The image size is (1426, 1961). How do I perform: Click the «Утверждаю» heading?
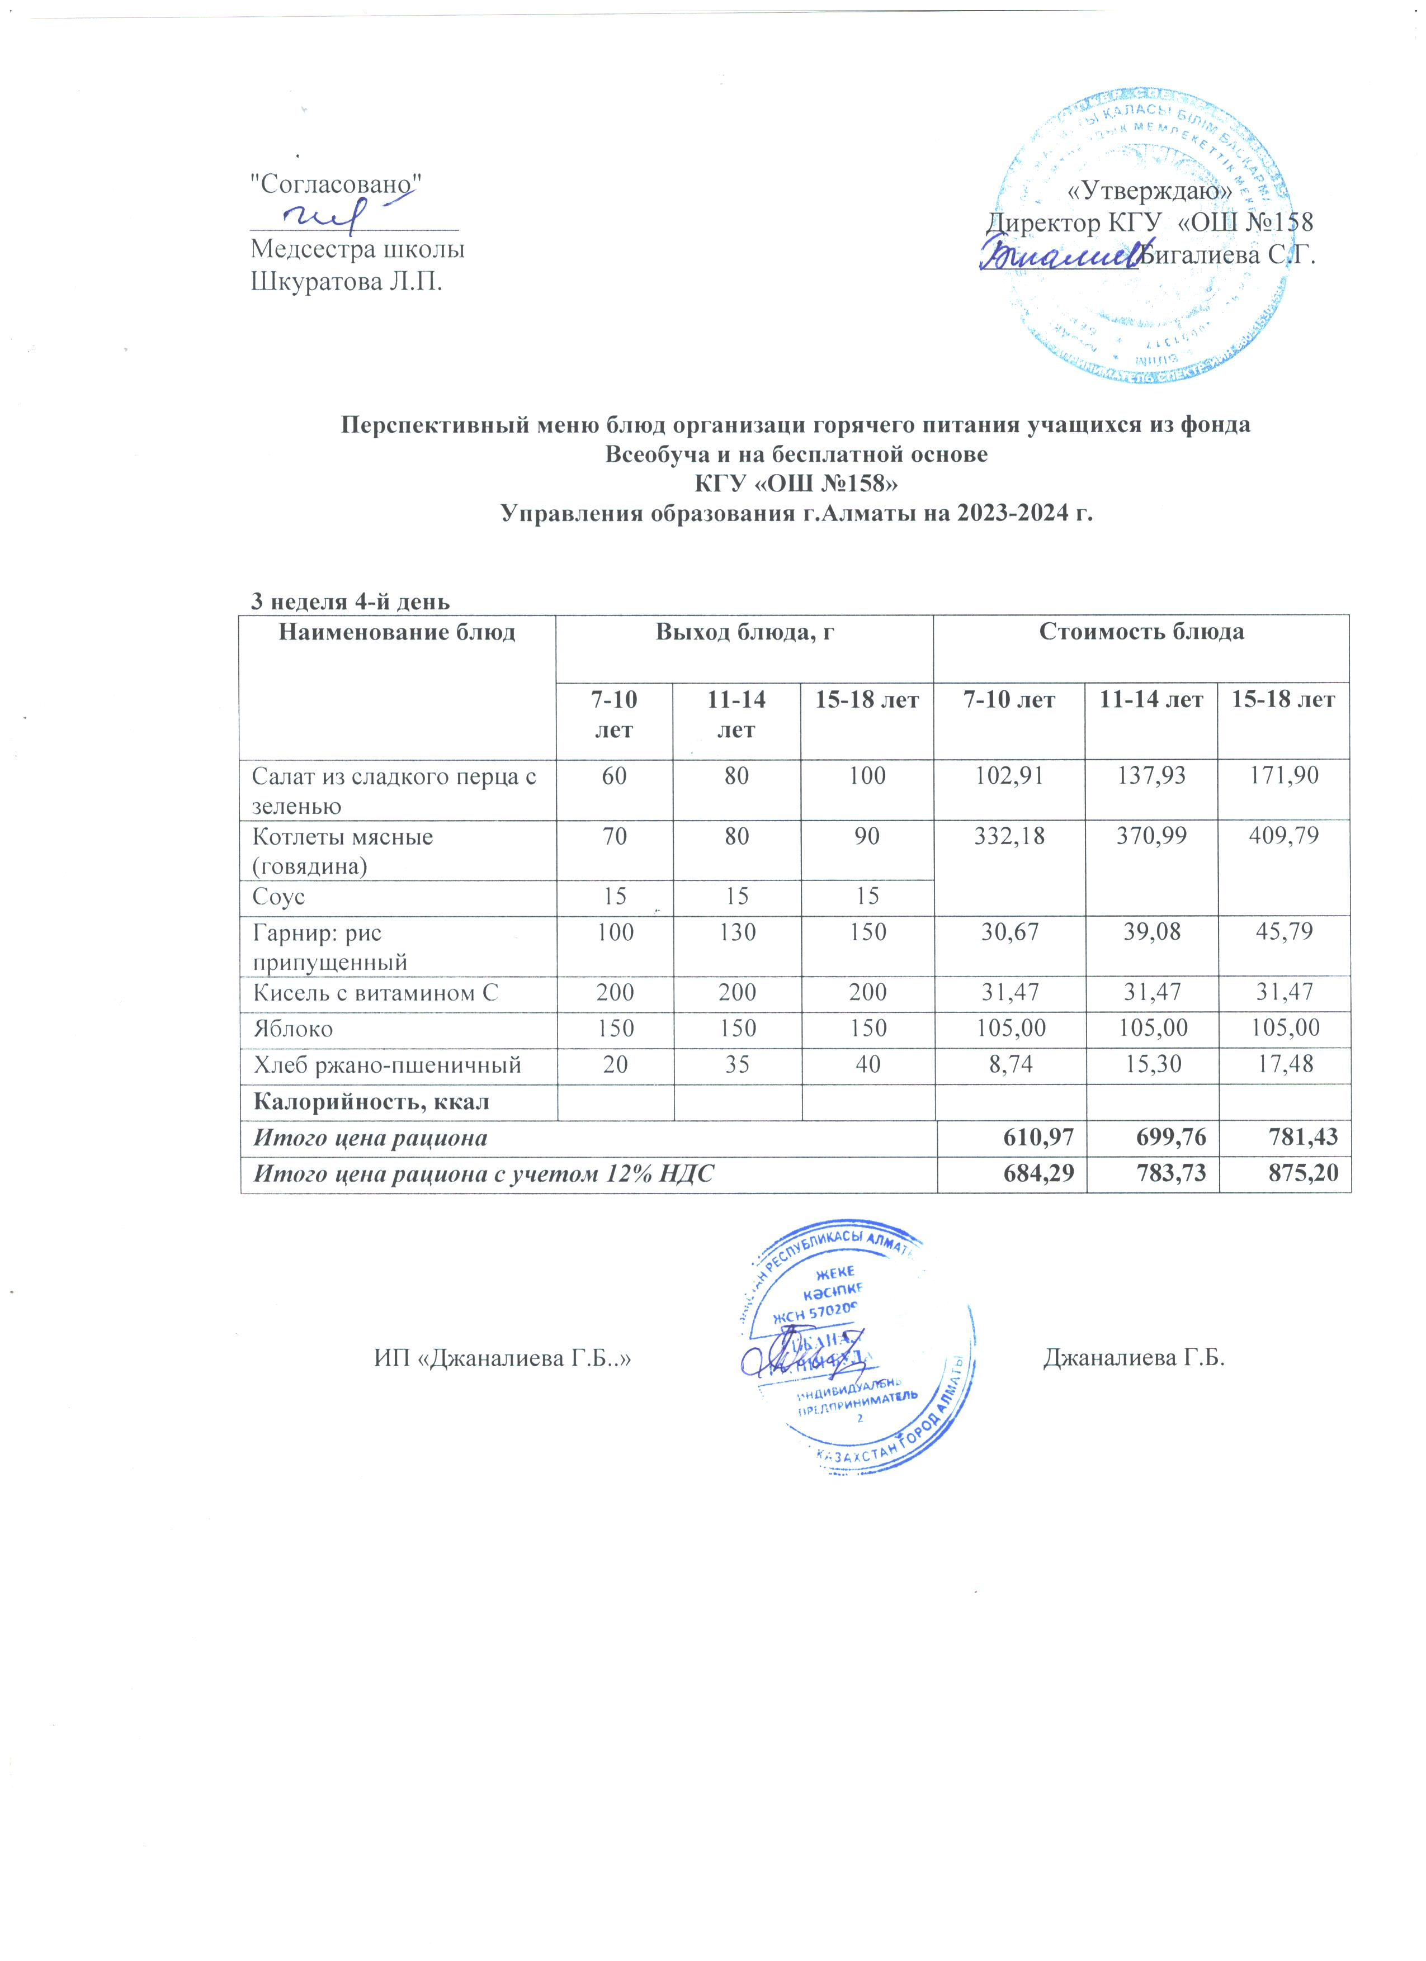[x=1150, y=190]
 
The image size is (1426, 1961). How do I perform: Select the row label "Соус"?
[x=278, y=897]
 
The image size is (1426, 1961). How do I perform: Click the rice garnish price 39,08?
[x=1150, y=931]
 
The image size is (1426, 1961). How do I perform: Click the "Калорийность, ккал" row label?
[x=370, y=1102]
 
